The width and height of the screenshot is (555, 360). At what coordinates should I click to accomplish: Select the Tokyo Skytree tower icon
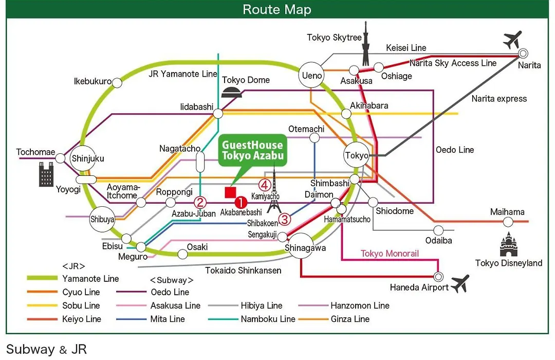tap(366, 44)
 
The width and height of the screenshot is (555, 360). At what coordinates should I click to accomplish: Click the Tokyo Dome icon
tap(232, 92)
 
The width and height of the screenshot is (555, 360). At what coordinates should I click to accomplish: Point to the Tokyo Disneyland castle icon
tap(508, 244)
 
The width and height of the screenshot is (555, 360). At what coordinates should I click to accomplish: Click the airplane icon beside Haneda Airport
tap(460, 283)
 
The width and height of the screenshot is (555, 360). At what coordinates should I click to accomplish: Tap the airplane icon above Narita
tap(512, 40)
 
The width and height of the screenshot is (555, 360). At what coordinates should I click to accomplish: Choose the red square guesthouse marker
tap(230, 192)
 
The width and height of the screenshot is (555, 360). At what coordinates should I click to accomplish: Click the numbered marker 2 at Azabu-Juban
tap(200, 203)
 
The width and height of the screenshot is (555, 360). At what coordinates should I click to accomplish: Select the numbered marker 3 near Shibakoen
tap(285, 219)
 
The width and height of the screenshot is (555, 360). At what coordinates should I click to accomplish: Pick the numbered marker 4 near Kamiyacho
tap(265, 185)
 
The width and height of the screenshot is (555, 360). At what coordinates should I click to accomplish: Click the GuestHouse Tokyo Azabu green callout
tap(253, 150)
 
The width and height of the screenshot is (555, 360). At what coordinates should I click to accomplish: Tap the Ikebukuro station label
tap(92, 81)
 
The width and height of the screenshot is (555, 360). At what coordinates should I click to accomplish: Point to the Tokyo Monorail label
tap(390, 254)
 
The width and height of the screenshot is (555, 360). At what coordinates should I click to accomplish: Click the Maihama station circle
tap(508, 222)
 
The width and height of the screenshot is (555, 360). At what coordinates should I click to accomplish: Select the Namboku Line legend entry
tap(252, 319)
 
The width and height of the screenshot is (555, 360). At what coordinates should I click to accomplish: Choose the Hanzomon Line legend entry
tap(344, 305)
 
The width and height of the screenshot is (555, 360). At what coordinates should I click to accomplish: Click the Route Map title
tap(277, 10)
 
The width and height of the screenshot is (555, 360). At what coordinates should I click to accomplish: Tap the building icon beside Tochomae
tap(46, 174)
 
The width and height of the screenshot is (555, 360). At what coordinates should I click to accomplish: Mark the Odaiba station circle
tap(438, 230)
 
